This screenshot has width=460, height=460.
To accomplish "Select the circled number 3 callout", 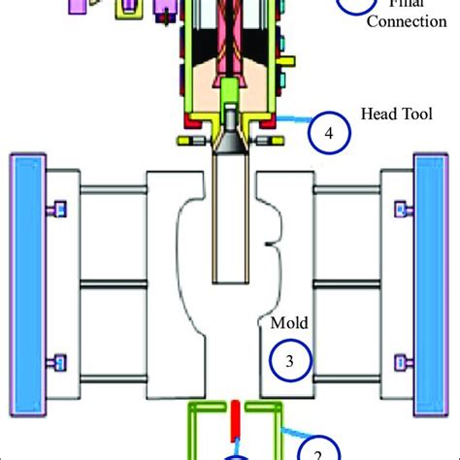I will click(x=289, y=359).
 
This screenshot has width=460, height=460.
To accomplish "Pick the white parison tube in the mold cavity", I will click(x=231, y=223).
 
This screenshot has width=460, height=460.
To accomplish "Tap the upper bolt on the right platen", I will click(x=400, y=207).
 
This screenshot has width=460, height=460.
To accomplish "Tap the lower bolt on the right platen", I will click(x=400, y=362).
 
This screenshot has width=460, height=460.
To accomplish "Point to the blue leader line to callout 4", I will click(x=291, y=120).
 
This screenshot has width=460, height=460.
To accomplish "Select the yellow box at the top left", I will click(x=126, y=9).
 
